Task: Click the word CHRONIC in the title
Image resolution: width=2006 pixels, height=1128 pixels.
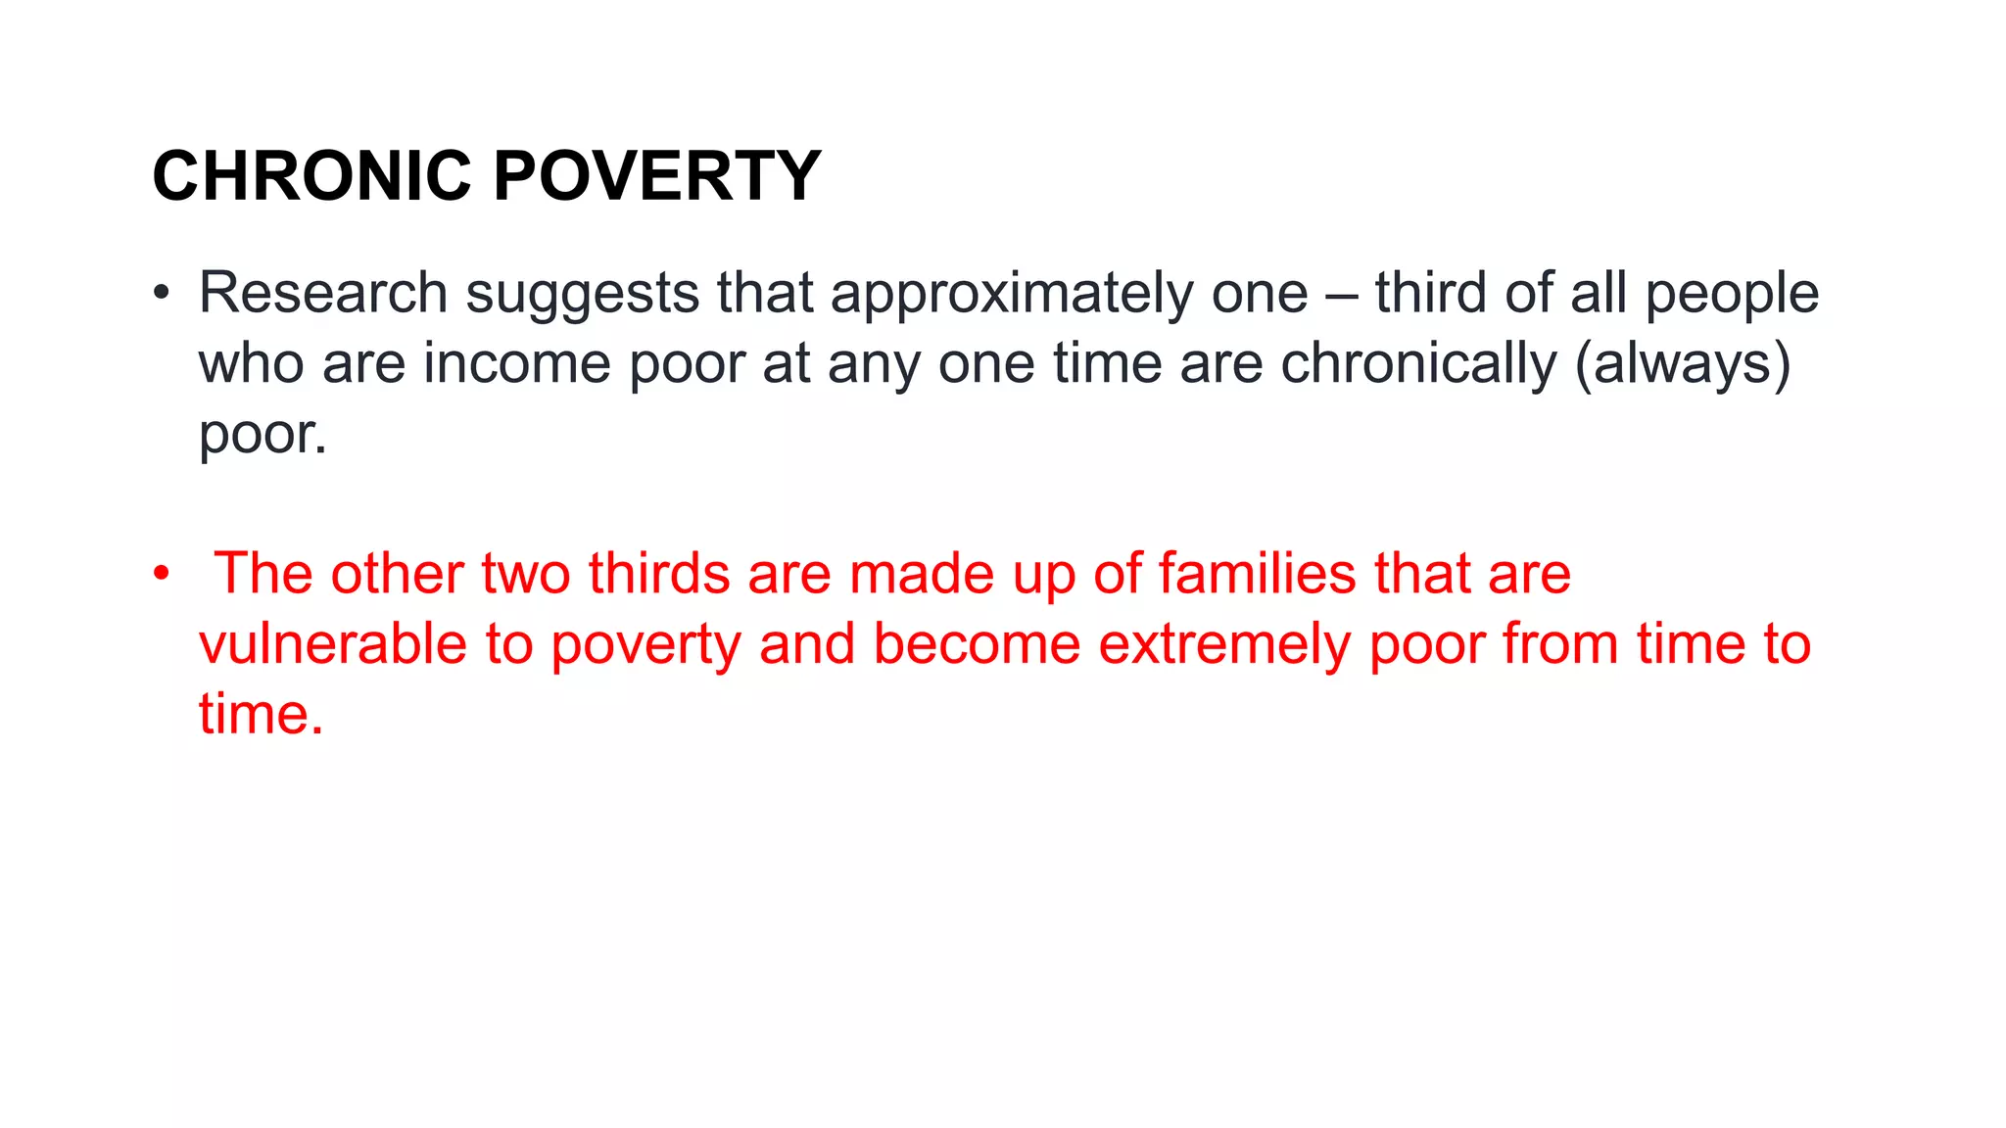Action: (311, 176)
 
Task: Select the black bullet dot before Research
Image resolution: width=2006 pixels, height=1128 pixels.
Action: (162, 292)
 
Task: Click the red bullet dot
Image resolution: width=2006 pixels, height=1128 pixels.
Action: (162, 573)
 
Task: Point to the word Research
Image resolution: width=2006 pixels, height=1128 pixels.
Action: (323, 292)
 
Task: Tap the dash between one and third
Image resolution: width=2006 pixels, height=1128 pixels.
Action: (1341, 294)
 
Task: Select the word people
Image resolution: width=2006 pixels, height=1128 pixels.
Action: (1731, 294)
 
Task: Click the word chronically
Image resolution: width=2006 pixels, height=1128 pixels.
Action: (1418, 363)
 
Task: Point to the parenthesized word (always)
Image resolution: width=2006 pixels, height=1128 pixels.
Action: (1683, 363)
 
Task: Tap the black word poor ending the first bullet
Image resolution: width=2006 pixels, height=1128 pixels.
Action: (262, 434)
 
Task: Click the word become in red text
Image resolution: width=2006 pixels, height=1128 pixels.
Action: (977, 643)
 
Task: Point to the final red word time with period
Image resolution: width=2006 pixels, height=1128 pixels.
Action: (261, 714)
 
